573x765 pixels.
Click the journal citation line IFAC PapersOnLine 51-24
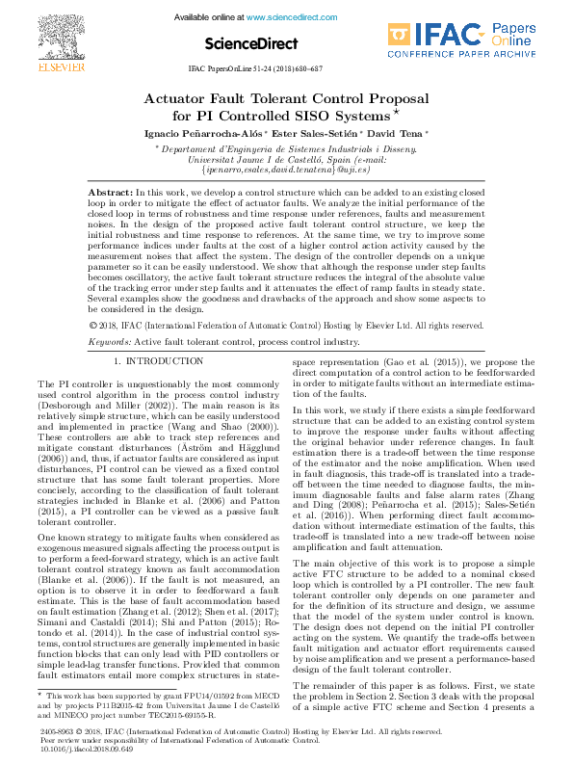coord(254,70)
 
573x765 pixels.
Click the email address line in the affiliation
coord(286,169)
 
